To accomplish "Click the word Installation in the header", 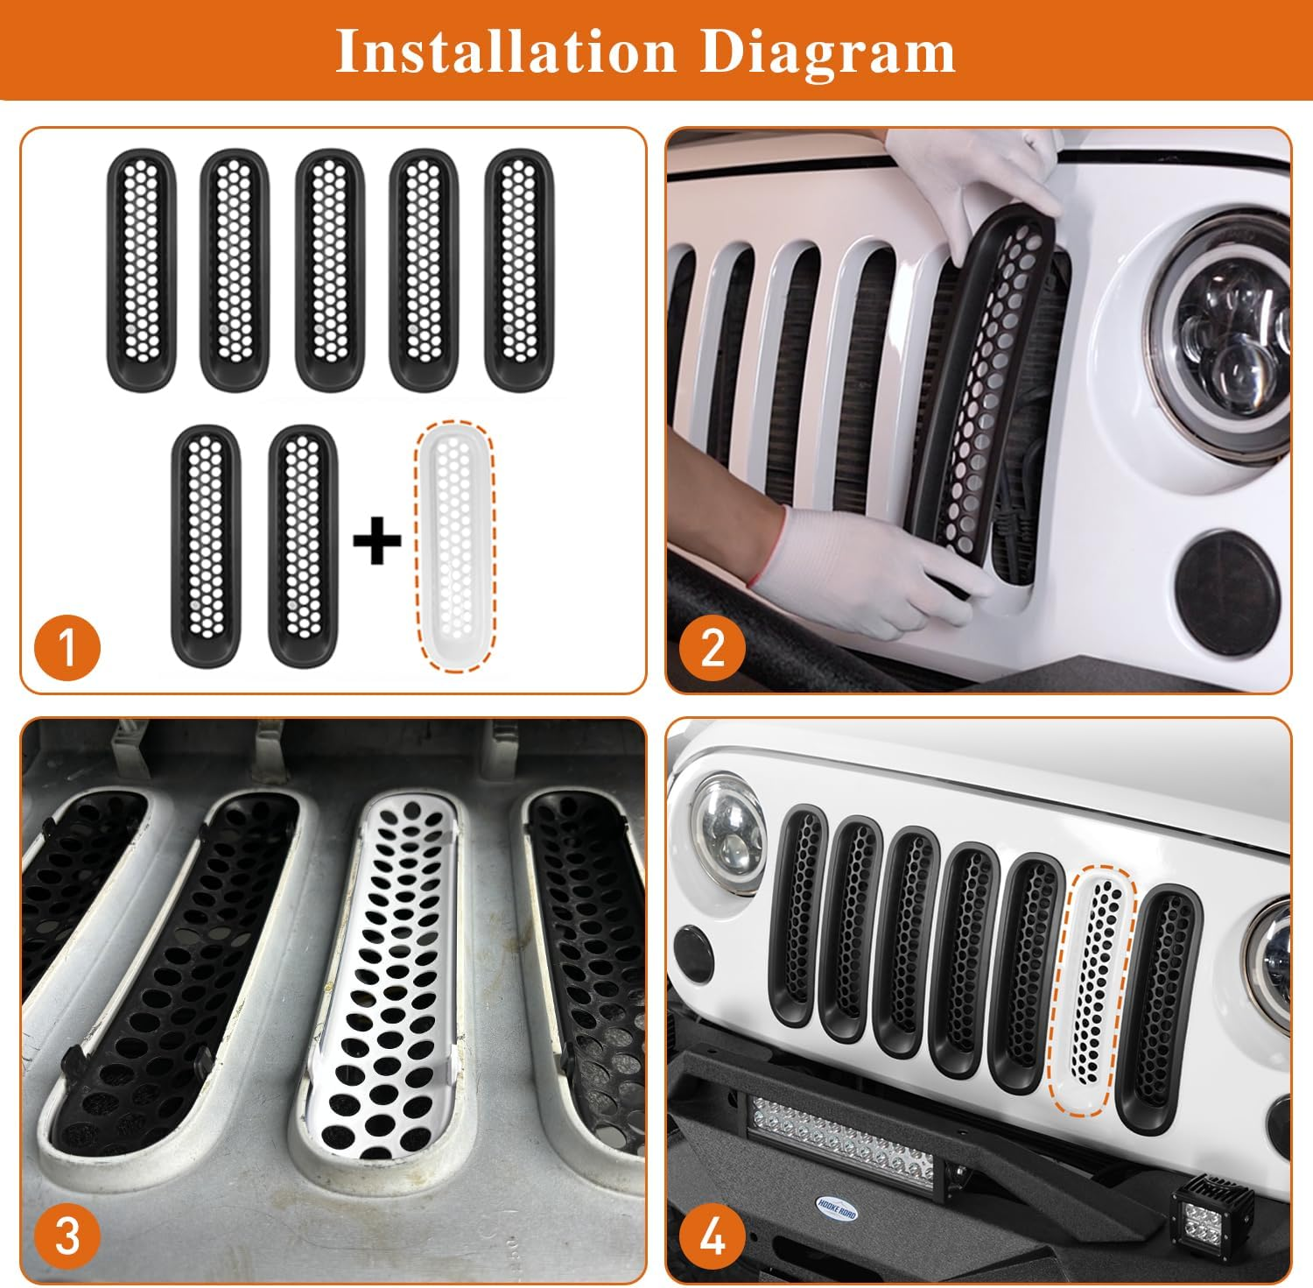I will pyautogui.click(x=504, y=51).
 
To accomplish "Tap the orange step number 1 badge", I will pyautogui.click(x=67, y=649).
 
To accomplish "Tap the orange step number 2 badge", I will pyautogui.click(x=713, y=649).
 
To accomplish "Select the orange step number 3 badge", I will pyautogui.click(x=67, y=1239).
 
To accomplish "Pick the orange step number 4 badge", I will pyautogui.click(x=713, y=1239).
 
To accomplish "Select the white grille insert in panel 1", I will pyautogui.click(x=456, y=548).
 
